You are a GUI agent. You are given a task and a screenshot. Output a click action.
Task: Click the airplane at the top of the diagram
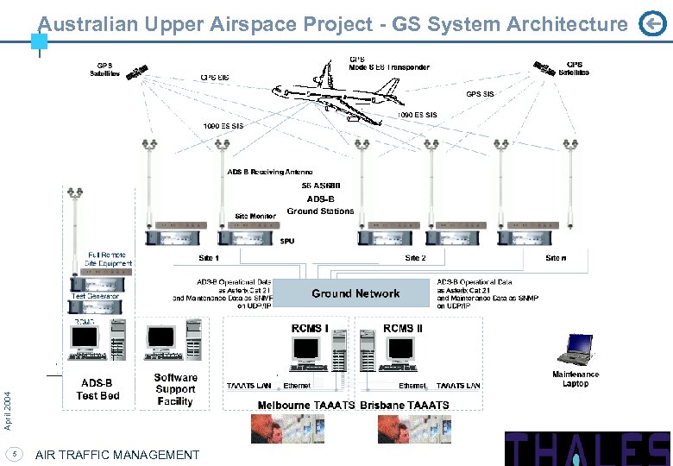(336, 91)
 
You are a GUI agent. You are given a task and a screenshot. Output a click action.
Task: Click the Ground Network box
(355, 293)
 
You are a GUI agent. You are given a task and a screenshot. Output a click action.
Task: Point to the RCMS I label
(309, 328)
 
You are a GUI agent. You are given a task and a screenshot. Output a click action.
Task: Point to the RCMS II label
(403, 328)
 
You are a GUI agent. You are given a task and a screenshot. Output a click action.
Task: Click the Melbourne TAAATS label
(306, 405)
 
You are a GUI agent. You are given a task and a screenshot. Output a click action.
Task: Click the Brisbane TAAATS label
(405, 405)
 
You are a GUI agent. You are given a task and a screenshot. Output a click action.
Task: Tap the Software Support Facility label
(175, 389)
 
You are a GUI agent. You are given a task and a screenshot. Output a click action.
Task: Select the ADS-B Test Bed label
(98, 389)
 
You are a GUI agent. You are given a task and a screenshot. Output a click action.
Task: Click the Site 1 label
(209, 258)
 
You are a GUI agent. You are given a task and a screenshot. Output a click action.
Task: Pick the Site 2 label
(415, 258)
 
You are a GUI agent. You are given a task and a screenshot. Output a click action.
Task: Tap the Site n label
(556, 258)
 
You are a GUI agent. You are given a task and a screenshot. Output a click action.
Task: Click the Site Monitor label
(255, 216)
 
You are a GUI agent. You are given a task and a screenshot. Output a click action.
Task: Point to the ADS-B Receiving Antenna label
(269, 173)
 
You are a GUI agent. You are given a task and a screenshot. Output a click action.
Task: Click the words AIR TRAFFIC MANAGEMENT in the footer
(117, 455)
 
